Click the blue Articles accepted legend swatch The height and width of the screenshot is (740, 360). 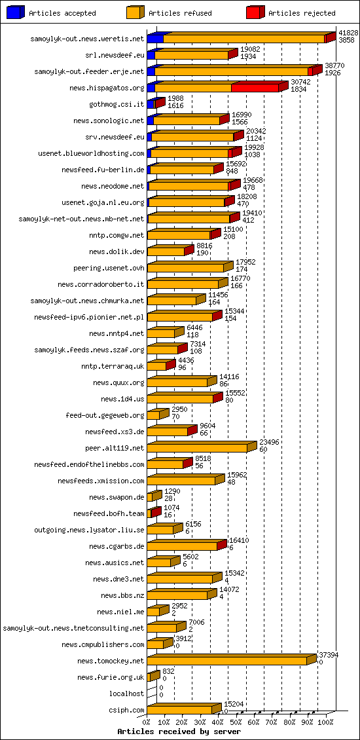click(16, 12)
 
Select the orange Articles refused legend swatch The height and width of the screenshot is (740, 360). click(135, 12)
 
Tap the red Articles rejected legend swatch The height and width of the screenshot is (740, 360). click(255, 12)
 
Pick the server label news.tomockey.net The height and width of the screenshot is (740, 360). click(110, 661)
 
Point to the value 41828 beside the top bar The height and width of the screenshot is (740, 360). click(348, 33)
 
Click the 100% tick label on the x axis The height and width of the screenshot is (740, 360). click(325, 722)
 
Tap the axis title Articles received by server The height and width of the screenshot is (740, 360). click(179, 731)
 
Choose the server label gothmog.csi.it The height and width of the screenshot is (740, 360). click(117, 104)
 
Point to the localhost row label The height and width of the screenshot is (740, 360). click(126, 694)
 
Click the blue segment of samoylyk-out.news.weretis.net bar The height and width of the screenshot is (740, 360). click(155, 39)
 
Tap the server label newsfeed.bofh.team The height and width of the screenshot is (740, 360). click(109, 513)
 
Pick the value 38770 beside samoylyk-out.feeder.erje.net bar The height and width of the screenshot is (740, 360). click(334, 65)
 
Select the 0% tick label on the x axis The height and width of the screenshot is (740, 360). click(147, 722)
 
